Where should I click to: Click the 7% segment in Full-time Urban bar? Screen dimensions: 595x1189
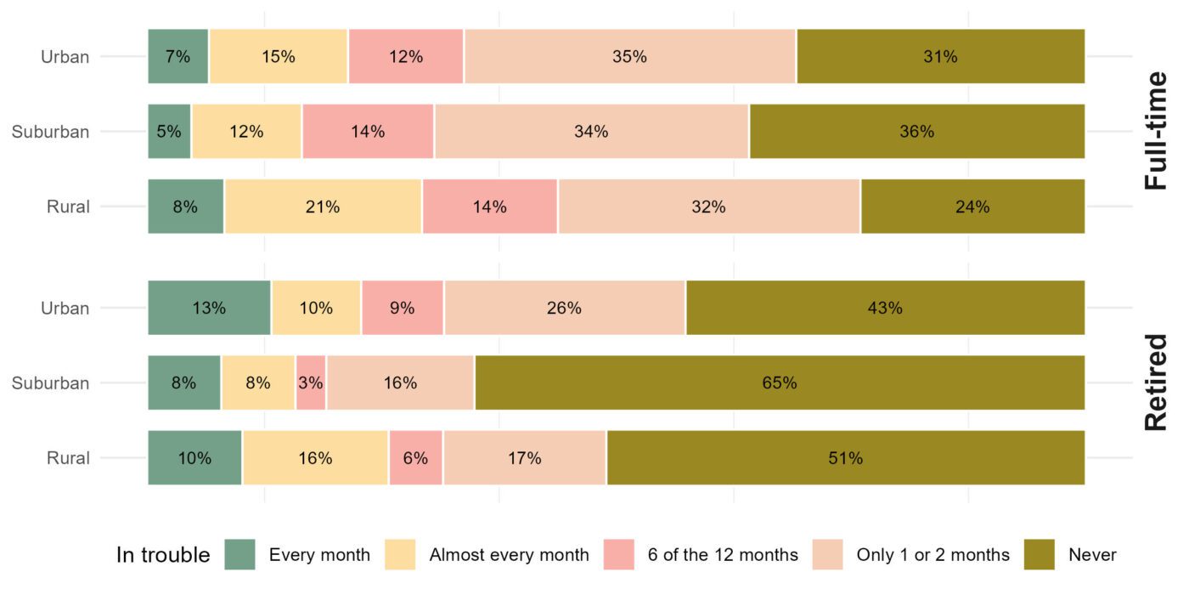[x=178, y=57]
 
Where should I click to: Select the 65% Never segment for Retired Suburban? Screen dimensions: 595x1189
[x=780, y=383]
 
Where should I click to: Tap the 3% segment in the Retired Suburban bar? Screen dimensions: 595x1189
[x=311, y=383]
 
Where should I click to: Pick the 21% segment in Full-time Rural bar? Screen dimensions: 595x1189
[x=324, y=207]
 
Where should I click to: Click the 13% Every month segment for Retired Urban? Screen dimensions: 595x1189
[x=209, y=309]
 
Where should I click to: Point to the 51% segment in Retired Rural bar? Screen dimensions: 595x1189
[x=846, y=458]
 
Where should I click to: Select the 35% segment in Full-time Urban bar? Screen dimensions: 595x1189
[x=629, y=57]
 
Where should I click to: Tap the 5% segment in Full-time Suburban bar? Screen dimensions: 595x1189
[x=169, y=132]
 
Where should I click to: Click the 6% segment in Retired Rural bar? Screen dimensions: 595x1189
[x=415, y=458]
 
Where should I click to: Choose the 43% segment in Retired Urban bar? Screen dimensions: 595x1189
[x=885, y=309]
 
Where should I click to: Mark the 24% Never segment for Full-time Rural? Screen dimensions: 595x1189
[x=972, y=207]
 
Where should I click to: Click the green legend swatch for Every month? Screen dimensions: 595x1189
[x=240, y=555]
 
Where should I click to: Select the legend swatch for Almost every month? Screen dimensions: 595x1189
[x=400, y=555]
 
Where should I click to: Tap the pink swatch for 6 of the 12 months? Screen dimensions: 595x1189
[x=619, y=555]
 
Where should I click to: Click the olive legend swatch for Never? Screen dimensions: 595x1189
[x=1040, y=555]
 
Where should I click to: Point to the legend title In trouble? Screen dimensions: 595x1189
[x=163, y=555]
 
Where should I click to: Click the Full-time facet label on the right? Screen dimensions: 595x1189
[x=1156, y=132]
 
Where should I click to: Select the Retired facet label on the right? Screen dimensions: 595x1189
[x=1156, y=383]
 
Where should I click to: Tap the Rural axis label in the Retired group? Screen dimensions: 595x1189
[x=68, y=458]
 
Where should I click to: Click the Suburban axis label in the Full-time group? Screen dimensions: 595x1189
[x=50, y=132]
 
